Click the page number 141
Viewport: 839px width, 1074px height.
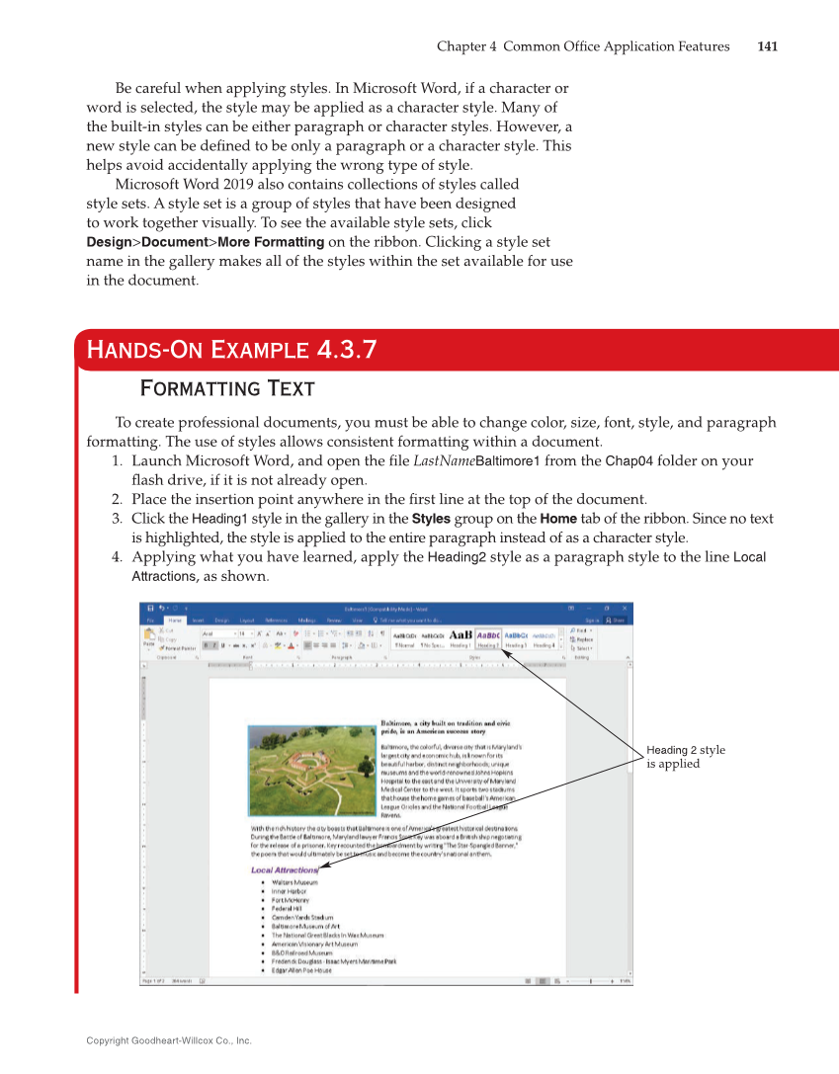click(767, 46)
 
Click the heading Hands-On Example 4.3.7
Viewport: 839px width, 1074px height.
click(231, 350)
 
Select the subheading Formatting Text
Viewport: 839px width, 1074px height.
click(227, 388)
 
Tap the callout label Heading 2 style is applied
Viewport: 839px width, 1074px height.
click(685, 757)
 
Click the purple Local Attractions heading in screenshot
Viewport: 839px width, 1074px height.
click(284, 870)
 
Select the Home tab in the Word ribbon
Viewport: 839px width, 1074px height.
click(174, 620)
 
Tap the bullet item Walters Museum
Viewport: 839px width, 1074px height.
click(294, 881)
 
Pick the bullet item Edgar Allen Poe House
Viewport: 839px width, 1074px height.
click(301, 970)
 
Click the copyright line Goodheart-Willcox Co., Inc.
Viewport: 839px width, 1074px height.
click(169, 1040)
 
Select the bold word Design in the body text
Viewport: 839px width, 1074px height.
click(108, 242)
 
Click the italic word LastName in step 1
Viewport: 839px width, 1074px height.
click(444, 461)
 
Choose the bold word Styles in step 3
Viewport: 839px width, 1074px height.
click(431, 519)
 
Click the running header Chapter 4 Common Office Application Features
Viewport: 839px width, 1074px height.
click(583, 46)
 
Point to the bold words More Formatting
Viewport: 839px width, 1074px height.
click(271, 242)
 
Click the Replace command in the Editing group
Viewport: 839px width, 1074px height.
click(582, 639)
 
